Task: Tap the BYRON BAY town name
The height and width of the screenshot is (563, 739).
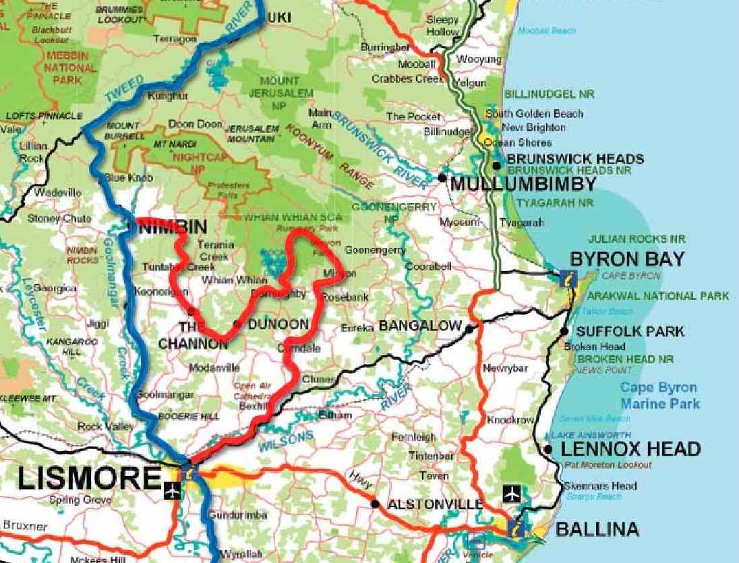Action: click(x=627, y=259)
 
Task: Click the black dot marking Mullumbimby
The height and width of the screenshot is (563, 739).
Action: click(x=442, y=177)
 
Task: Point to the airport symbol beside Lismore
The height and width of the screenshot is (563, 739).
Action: click(x=173, y=492)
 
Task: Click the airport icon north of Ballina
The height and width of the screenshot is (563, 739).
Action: click(x=512, y=495)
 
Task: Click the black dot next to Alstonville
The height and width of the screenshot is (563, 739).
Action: click(x=374, y=504)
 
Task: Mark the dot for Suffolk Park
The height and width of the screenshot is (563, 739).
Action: click(x=564, y=331)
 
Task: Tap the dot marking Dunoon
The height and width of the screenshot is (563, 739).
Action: click(x=237, y=324)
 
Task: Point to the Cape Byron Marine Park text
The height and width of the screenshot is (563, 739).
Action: click(x=659, y=396)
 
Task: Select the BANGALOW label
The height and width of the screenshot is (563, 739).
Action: click(x=419, y=326)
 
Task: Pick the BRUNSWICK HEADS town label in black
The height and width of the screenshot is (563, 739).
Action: click(x=575, y=159)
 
